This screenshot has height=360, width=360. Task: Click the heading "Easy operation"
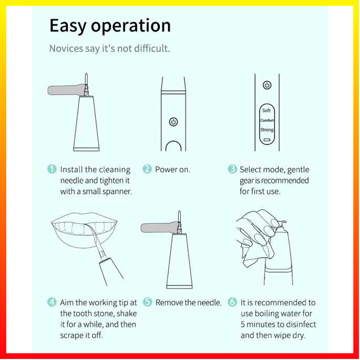click(x=110, y=26)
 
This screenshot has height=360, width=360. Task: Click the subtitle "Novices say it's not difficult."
click(x=110, y=48)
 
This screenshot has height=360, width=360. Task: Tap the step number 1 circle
click(x=52, y=169)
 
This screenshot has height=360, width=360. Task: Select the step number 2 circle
click(x=147, y=169)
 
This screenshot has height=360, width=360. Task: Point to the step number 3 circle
click(x=232, y=169)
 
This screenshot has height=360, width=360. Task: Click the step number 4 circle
click(x=52, y=302)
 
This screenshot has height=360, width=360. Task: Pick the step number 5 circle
click(x=147, y=302)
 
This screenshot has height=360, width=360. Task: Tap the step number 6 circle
click(x=232, y=302)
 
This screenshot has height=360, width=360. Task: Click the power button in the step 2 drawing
click(x=173, y=122)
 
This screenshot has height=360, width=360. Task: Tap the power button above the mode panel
click(x=267, y=85)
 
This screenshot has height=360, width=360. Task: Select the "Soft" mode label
click(x=266, y=110)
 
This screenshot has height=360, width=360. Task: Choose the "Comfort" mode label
click(x=267, y=120)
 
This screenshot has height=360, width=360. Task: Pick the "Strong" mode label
click(x=267, y=130)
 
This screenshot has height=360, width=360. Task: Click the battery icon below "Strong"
click(x=267, y=140)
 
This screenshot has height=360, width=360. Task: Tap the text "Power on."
click(x=173, y=170)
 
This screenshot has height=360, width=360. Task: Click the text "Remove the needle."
click(x=189, y=303)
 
